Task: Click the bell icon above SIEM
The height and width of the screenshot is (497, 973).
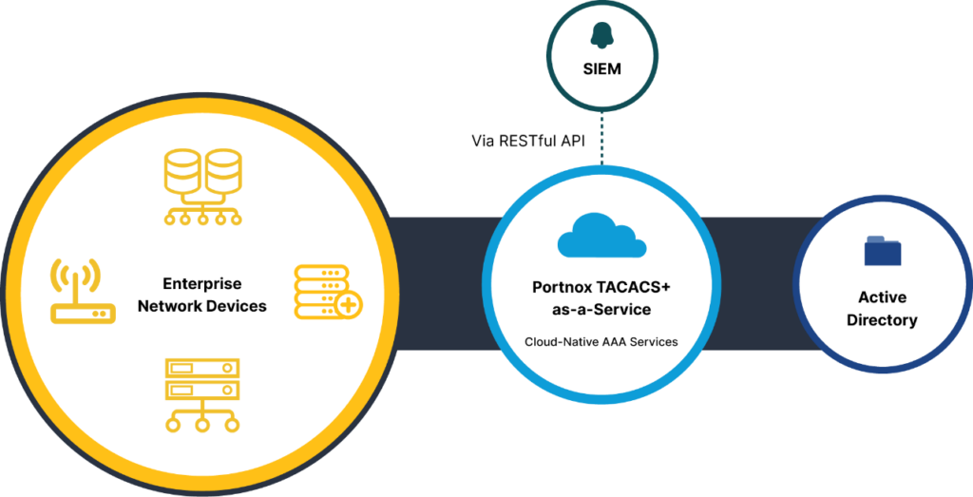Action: pyautogui.click(x=601, y=36)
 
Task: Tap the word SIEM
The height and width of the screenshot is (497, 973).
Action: pyautogui.click(x=601, y=69)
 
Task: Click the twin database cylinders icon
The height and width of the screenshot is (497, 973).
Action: pyautogui.click(x=201, y=185)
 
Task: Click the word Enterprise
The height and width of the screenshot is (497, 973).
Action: pyautogui.click(x=202, y=283)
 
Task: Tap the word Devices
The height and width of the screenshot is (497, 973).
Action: pyautogui.click(x=238, y=306)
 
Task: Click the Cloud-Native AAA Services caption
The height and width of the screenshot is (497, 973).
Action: pyautogui.click(x=601, y=341)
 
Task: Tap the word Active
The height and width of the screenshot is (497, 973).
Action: pyautogui.click(x=882, y=297)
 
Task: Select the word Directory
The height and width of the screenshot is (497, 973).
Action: pyautogui.click(x=882, y=320)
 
